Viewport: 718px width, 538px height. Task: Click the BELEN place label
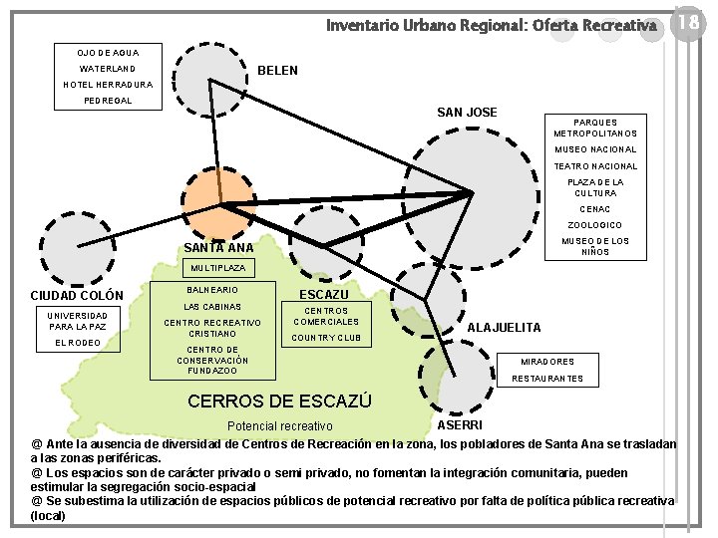click(277, 72)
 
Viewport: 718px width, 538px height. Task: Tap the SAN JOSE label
click(468, 112)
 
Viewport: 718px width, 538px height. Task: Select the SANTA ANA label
click(219, 247)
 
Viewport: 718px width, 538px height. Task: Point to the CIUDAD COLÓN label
click(77, 295)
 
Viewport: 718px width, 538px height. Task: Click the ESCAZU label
click(324, 295)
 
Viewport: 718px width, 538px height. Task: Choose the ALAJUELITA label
click(505, 327)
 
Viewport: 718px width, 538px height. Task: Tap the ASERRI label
click(460, 425)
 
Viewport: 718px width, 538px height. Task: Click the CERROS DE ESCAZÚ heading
click(279, 402)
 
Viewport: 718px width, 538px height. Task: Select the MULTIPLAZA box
click(219, 268)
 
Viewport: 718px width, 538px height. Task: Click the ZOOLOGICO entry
click(594, 225)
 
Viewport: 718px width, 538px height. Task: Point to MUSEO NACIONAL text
click(595, 150)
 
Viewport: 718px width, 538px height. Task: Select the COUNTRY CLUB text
click(327, 338)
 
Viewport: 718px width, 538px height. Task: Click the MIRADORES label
click(547, 361)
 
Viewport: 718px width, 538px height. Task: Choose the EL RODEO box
click(77, 343)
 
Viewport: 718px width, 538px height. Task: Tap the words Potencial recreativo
click(280, 425)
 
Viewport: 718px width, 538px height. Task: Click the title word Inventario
click(365, 23)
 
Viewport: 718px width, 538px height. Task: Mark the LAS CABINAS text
click(212, 307)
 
